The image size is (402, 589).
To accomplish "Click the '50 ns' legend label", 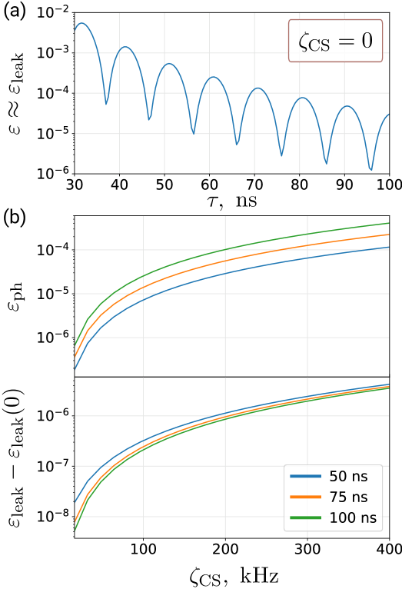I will [x=348, y=477].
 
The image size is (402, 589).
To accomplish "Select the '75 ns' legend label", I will [x=348, y=497].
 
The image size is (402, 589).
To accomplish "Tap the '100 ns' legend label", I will [x=353, y=518].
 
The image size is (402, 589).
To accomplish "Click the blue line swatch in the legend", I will [x=305, y=477].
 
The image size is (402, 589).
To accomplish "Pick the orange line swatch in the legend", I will [x=305, y=497].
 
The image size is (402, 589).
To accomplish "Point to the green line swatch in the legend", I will [x=305, y=518].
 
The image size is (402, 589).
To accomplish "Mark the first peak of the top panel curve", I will [x=81, y=23].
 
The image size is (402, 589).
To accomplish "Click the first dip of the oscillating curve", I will [x=106, y=104].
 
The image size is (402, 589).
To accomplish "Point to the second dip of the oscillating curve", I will [x=149, y=120].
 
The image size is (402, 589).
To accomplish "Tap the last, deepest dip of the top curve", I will [x=371, y=169].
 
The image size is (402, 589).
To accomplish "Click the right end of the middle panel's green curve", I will [x=388, y=223].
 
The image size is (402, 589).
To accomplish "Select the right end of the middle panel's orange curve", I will [x=388, y=234].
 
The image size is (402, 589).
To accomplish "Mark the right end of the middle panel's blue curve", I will [x=388, y=247].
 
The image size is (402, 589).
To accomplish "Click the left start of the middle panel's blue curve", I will [x=75, y=368].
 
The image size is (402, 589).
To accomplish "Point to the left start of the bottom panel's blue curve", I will [x=75, y=502].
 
